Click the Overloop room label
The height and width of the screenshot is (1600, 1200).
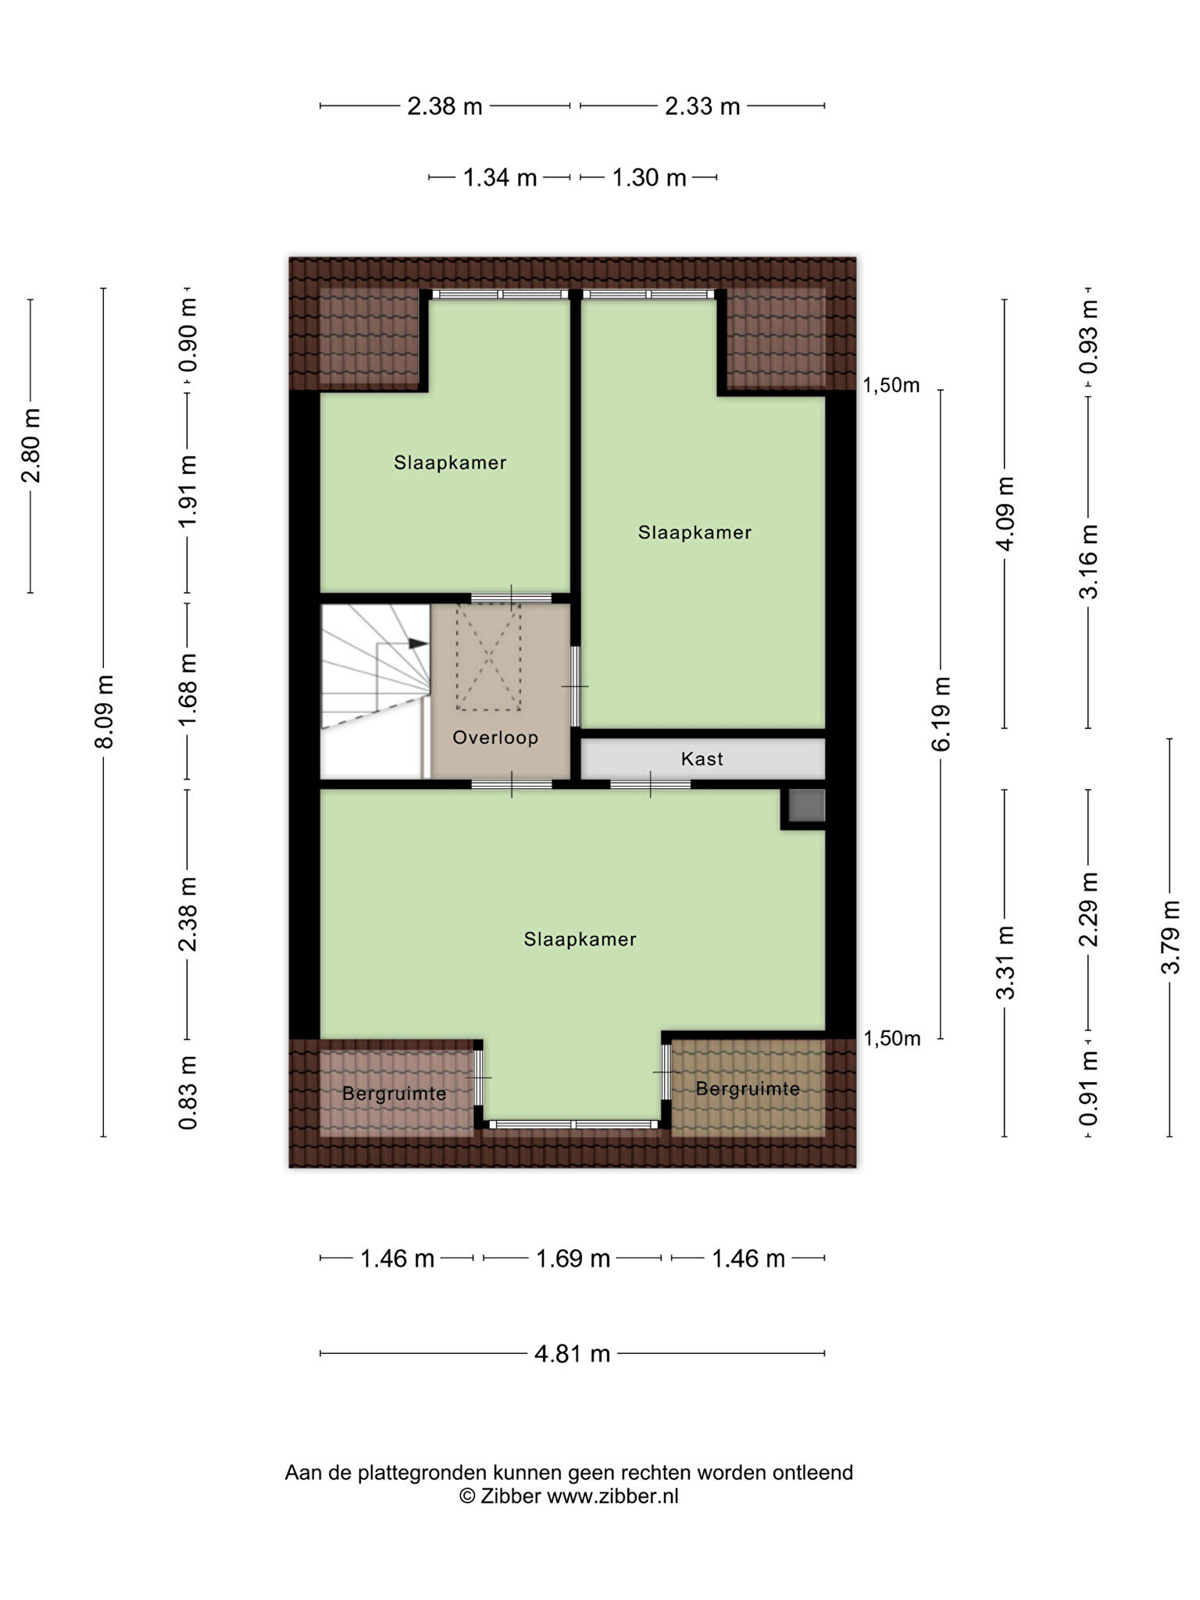coord(495,737)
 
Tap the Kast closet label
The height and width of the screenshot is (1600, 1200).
coord(702,759)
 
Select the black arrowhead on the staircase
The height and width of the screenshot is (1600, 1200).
coord(419,644)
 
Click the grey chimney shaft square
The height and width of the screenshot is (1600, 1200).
coord(805,805)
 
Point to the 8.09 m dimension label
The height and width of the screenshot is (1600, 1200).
coord(104,712)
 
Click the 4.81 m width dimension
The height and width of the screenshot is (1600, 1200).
coord(572,1353)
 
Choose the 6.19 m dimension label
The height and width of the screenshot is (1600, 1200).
coord(941,714)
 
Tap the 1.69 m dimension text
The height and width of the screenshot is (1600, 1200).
coord(572,1259)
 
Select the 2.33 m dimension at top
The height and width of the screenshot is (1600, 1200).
coord(702,105)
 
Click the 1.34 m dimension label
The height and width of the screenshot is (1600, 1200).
coord(500,178)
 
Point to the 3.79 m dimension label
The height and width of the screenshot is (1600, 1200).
coord(1170,937)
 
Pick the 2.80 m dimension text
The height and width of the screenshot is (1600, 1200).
coord(31,446)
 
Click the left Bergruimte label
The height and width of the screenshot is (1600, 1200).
coord(395,1093)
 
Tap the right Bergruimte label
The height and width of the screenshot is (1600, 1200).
coord(748,1088)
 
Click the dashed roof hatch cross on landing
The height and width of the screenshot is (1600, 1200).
coord(489,657)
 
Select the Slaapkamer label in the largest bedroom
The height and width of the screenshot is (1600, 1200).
coord(580,939)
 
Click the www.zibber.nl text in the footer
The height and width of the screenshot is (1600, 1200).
coord(612,1496)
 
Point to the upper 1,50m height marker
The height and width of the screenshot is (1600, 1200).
coord(891,385)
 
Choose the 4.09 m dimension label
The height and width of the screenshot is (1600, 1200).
coord(1005,513)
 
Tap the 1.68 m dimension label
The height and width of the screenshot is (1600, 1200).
coord(187,690)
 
